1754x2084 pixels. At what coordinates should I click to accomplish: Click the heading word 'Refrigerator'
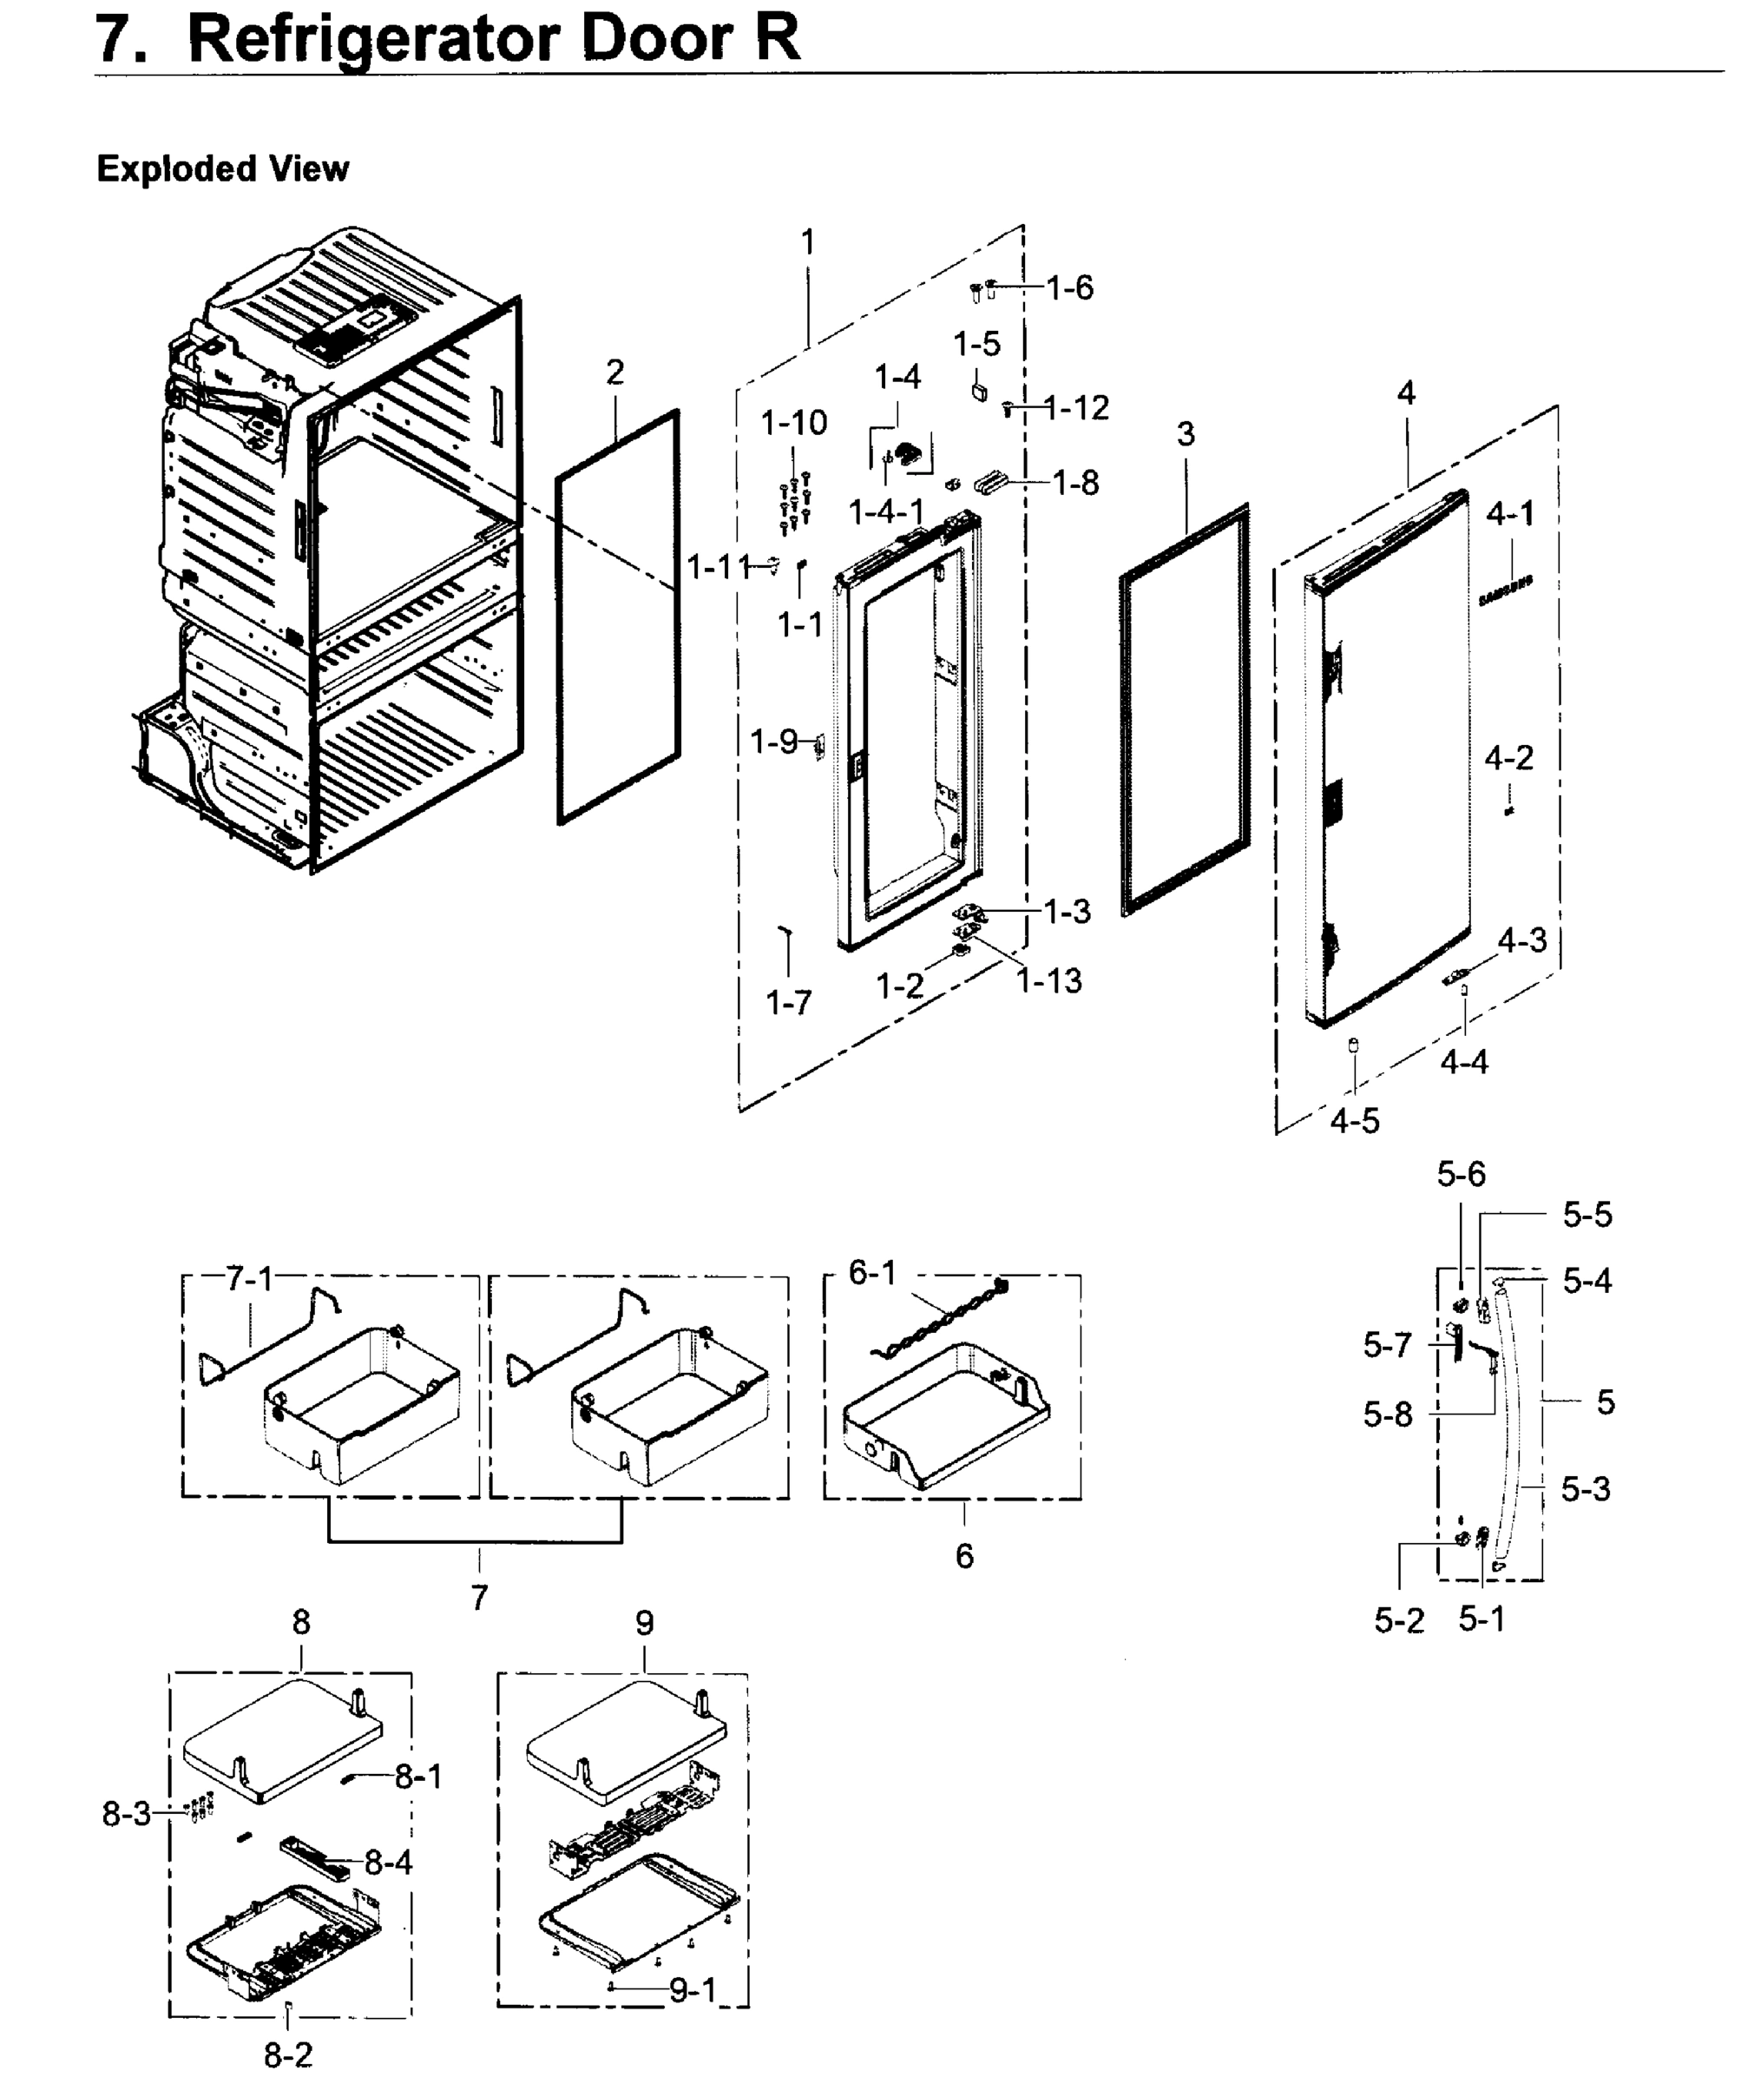tap(373, 40)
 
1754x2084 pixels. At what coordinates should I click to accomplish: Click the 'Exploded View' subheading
tap(223, 169)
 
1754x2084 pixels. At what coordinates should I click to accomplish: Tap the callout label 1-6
tap(1070, 288)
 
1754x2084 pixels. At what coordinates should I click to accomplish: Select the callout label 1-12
tap(1078, 408)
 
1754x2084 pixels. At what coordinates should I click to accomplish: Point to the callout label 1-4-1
tap(886, 512)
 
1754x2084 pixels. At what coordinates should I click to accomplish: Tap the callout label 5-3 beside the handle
tap(1585, 1489)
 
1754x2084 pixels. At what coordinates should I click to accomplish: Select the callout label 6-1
tap(872, 1272)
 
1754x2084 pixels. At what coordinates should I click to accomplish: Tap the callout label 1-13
tap(1049, 981)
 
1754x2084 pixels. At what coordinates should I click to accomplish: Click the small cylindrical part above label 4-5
tap(1352, 1044)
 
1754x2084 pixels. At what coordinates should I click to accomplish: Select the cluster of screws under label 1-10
tap(796, 504)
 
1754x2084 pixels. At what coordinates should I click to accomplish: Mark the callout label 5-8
tap(1387, 1415)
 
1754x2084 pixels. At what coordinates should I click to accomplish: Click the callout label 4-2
tap(1508, 759)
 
